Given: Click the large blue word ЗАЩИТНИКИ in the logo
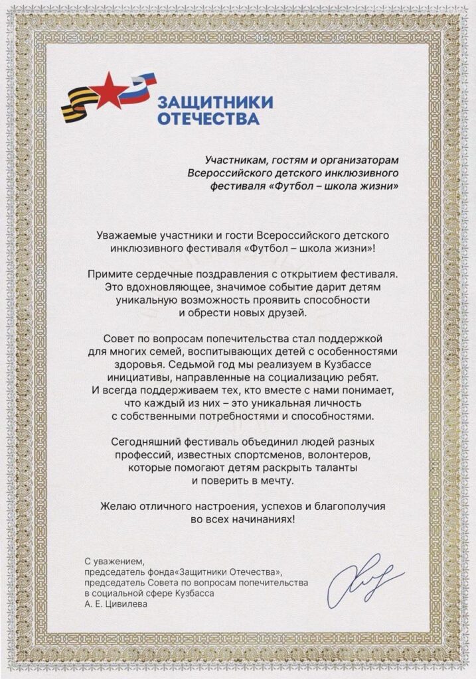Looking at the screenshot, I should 214,102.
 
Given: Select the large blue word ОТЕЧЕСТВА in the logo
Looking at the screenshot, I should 207,119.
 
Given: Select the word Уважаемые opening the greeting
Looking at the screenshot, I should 126,235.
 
